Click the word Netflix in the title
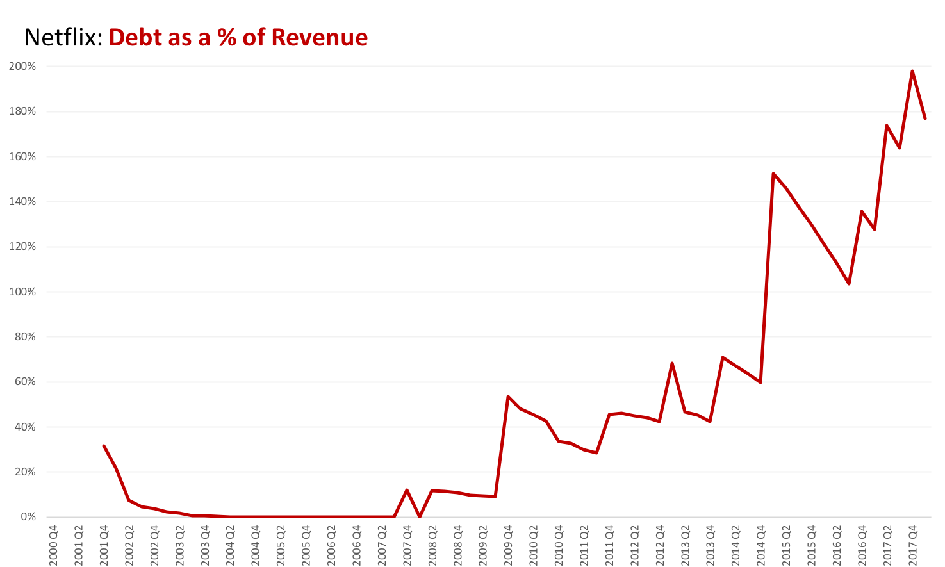pyautogui.click(x=63, y=37)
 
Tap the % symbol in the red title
pyautogui.click(x=227, y=37)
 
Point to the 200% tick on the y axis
pyautogui.click(x=22, y=67)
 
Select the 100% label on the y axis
pyautogui.click(x=22, y=292)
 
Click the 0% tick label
pyautogui.click(x=27, y=517)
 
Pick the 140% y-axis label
pyautogui.click(x=22, y=202)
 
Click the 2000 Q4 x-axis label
pyautogui.click(x=54, y=545)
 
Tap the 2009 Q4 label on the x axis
pyautogui.click(x=508, y=545)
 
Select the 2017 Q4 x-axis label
pyautogui.click(x=912, y=545)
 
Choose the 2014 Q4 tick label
pyautogui.click(x=760, y=545)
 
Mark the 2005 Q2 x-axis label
pyautogui.click(x=281, y=545)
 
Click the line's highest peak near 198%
pyautogui.click(x=912, y=71)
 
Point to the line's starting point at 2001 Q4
pyautogui.click(x=104, y=446)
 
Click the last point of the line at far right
pyautogui.click(x=925, y=119)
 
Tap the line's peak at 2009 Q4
pyautogui.click(x=507, y=397)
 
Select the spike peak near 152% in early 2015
pyautogui.click(x=773, y=174)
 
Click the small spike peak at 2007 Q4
pyautogui.click(x=407, y=490)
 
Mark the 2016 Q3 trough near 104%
pyautogui.click(x=849, y=283)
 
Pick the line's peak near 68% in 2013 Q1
pyautogui.click(x=672, y=363)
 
